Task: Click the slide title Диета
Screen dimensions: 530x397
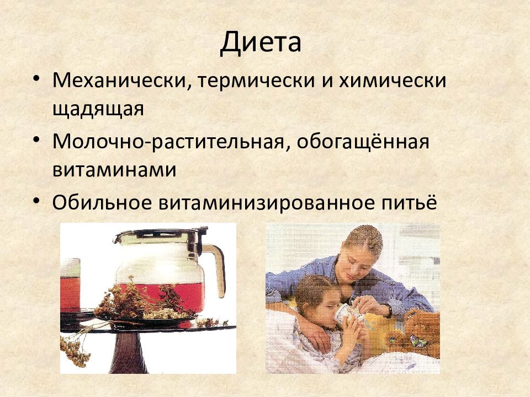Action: click(x=261, y=42)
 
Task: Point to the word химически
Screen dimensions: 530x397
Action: click(x=393, y=81)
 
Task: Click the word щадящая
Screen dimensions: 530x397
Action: click(x=98, y=109)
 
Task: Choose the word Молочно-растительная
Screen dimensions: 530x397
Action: click(x=168, y=142)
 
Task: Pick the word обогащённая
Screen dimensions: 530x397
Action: click(x=363, y=141)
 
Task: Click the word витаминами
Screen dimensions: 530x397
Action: click(x=114, y=169)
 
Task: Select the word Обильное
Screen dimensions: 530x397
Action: click(x=102, y=202)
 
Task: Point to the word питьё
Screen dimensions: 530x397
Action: click(x=407, y=202)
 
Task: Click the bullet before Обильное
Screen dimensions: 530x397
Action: click(x=36, y=201)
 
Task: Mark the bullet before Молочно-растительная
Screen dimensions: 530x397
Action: click(x=36, y=139)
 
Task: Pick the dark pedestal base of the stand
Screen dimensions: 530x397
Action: click(x=129, y=353)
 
